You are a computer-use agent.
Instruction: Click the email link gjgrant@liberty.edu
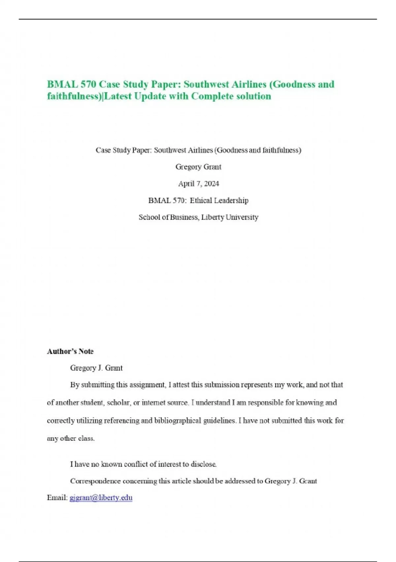coord(101,498)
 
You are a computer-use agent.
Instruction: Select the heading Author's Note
coord(70,351)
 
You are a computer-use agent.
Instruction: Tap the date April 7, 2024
coord(198,184)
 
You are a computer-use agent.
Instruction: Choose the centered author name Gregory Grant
coord(198,167)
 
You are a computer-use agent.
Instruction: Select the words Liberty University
coord(230,218)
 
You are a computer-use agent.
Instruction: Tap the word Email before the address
coord(57,498)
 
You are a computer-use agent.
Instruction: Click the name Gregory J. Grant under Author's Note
coord(96,368)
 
